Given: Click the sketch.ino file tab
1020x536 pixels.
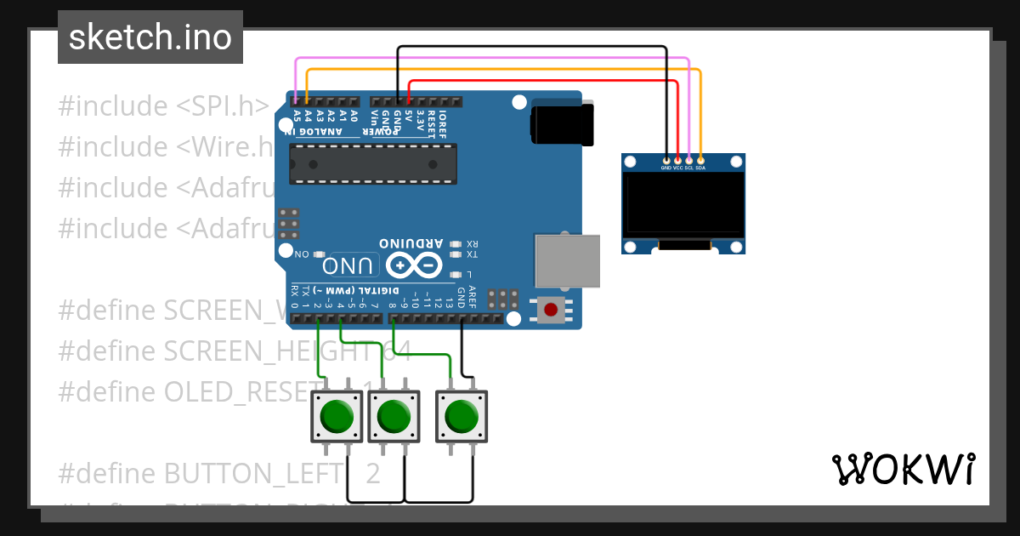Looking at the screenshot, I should (x=150, y=37).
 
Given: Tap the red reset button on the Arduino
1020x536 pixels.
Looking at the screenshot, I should (x=551, y=309).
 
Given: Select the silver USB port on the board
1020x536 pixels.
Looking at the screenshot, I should (x=566, y=260).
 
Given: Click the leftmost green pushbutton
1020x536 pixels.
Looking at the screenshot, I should (x=337, y=416).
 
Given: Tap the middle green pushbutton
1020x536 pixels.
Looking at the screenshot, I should (x=393, y=416).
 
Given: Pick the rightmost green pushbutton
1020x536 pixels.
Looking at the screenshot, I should (x=462, y=415).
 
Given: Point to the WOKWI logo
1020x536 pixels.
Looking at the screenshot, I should (x=903, y=469).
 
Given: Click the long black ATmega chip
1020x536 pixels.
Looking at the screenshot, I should (x=372, y=163).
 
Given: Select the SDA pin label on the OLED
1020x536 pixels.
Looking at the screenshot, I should (x=700, y=168).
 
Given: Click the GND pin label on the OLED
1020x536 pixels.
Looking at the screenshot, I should (x=666, y=168).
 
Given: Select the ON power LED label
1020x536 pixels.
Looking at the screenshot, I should (x=302, y=254).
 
